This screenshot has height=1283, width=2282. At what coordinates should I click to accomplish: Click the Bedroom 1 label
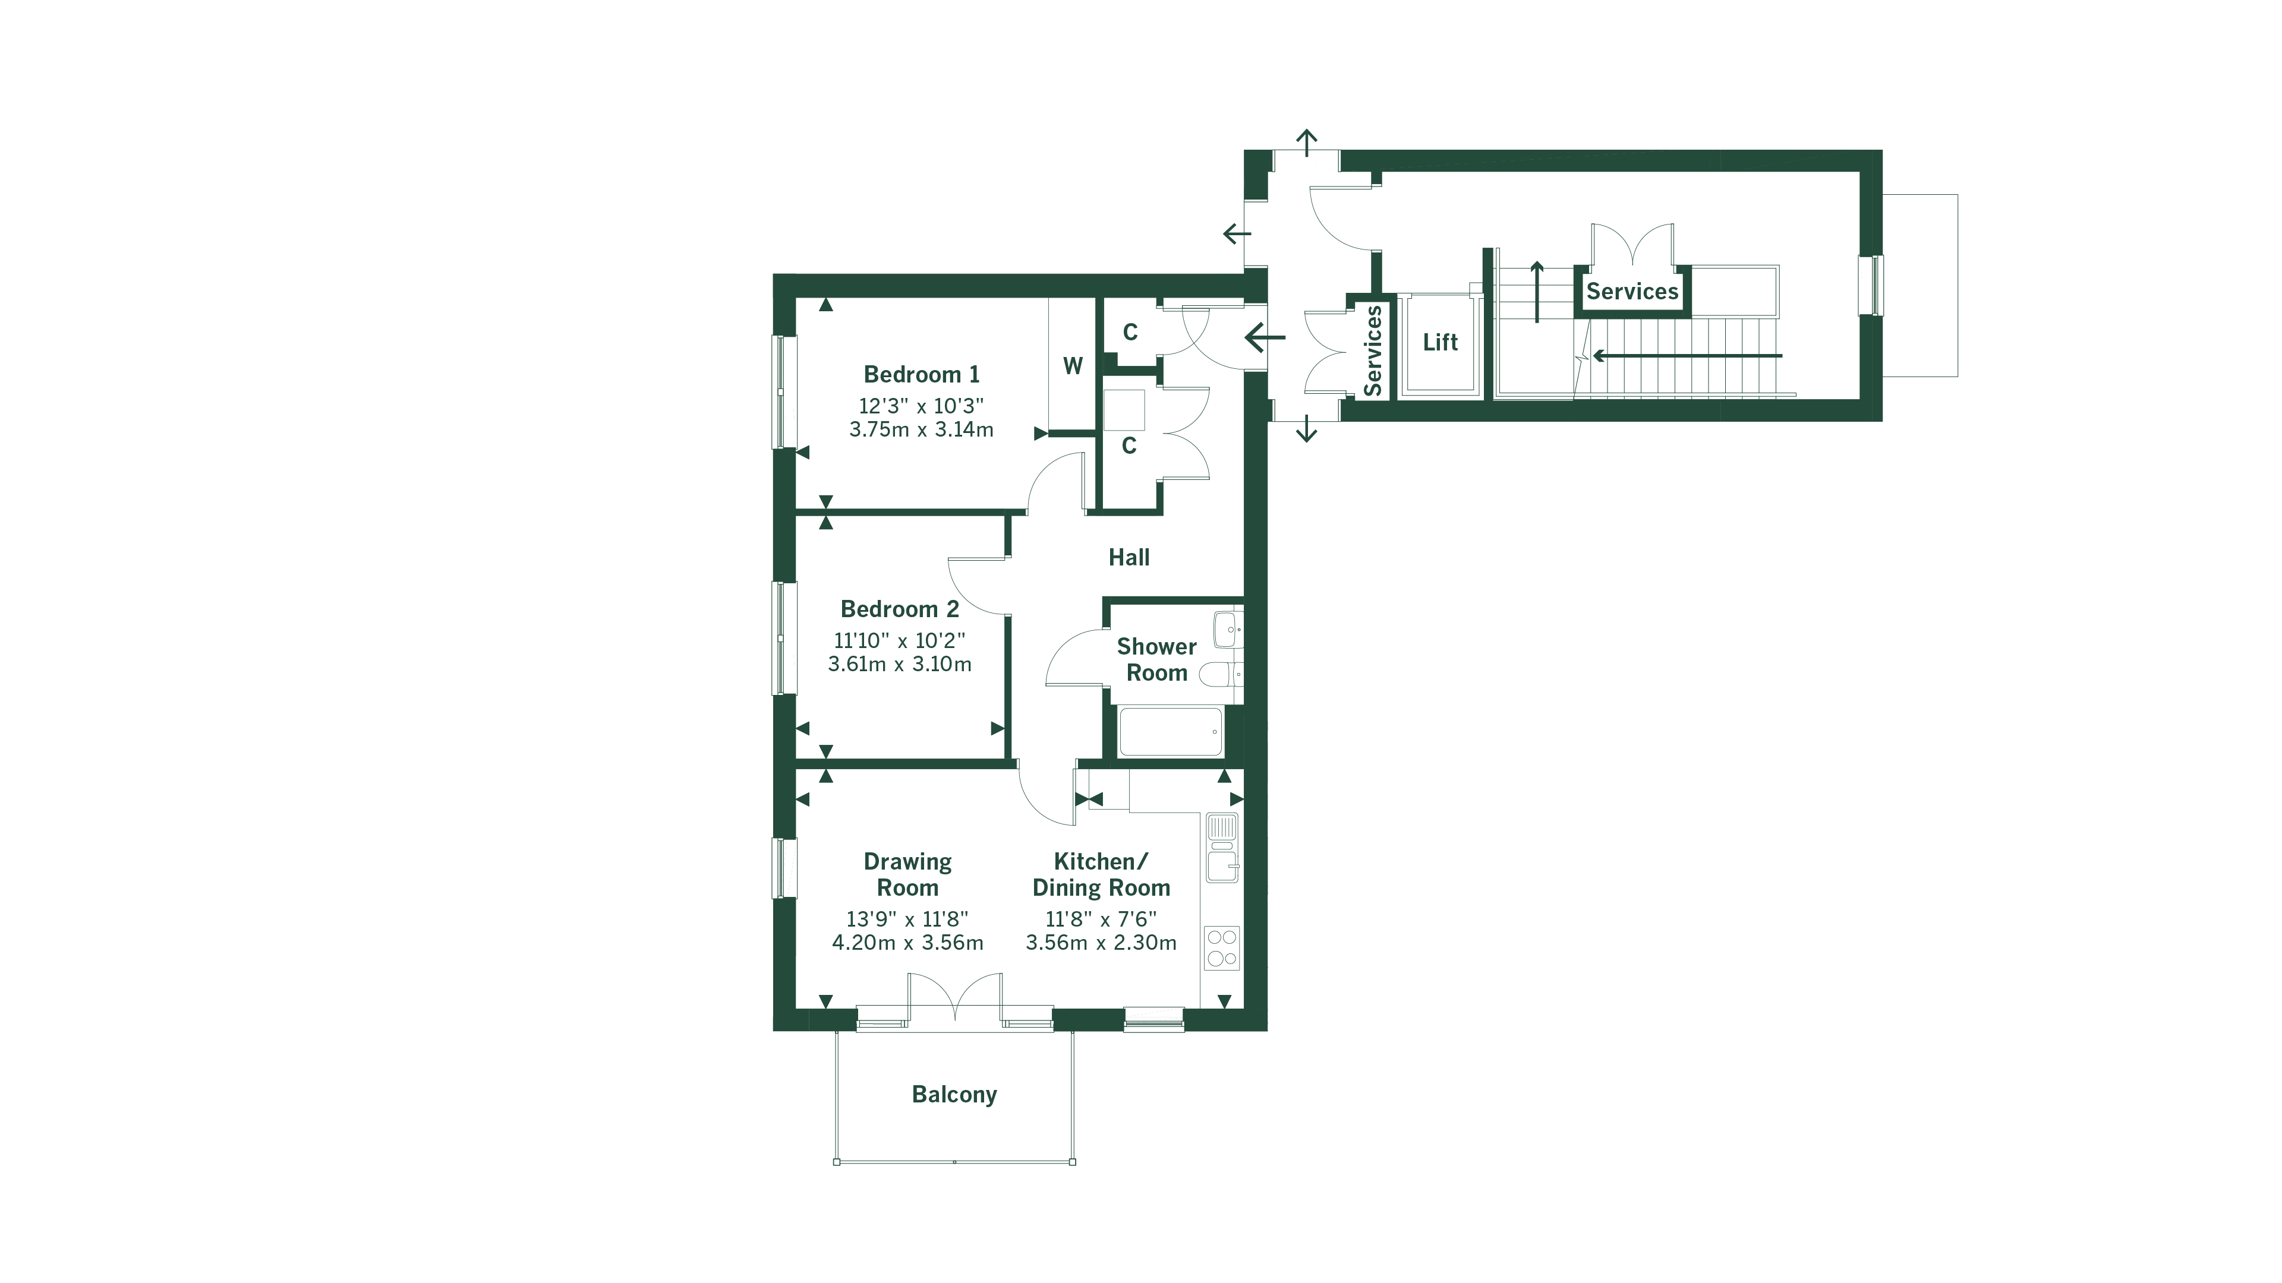click(x=921, y=375)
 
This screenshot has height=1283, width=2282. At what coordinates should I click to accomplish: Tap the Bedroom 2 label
click(x=899, y=609)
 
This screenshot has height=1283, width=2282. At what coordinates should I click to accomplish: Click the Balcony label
click(x=954, y=1094)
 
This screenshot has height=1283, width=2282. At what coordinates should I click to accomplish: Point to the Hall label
click(x=1129, y=558)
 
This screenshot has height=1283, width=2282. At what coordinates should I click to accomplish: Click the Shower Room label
click(x=1156, y=660)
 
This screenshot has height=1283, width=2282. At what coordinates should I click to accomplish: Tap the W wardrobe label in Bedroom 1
click(x=1072, y=366)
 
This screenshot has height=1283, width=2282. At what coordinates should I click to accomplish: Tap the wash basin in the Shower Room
click(x=1228, y=630)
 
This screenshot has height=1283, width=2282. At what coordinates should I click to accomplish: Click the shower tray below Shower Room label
click(x=1170, y=731)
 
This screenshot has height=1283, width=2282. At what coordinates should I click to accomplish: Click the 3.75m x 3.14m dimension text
click(x=921, y=429)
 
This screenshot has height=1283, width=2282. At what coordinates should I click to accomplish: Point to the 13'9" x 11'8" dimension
click(x=907, y=919)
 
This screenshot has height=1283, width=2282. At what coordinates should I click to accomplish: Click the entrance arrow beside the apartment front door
click(x=1265, y=337)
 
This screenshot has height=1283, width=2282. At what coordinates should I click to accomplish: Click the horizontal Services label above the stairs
click(x=1632, y=291)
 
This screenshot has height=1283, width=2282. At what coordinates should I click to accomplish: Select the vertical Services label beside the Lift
click(x=1372, y=350)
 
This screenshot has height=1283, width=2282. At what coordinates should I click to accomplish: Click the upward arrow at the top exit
click(x=1307, y=142)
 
